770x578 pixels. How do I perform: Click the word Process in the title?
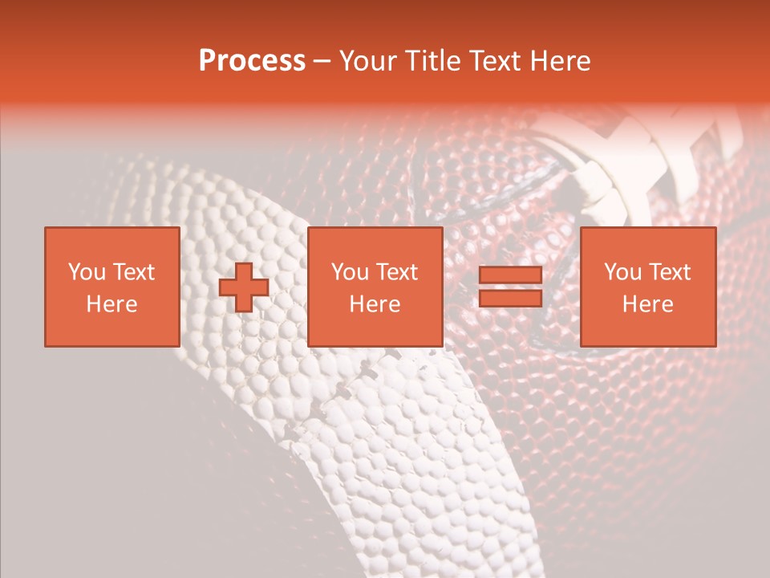tap(252, 61)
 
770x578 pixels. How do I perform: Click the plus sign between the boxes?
tap(244, 288)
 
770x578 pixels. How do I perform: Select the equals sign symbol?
tap(510, 287)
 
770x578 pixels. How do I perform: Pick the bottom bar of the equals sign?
tap(510, 299)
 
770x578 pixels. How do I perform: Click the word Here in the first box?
tap(111, 304)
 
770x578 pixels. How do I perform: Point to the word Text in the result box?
tap(670, 272)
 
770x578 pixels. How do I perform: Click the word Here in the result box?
tap(647, 304)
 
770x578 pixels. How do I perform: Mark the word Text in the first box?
tap(134, 272)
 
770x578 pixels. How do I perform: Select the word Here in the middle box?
tap(375, 304)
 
